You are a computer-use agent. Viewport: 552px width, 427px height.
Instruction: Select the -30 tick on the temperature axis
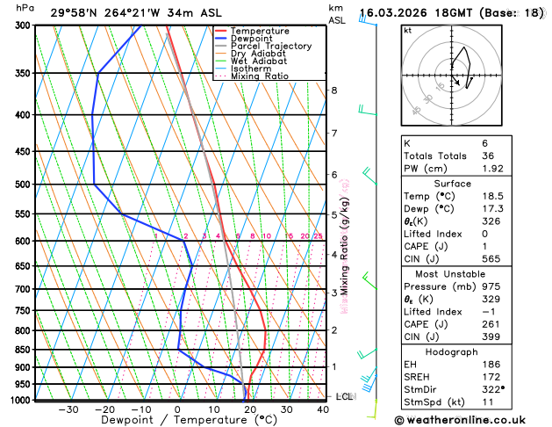[x=68, y=409]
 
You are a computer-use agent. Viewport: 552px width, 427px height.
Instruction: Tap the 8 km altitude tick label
[x=333, y=90]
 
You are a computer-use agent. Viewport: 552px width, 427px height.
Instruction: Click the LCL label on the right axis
[x=345, y=396]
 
